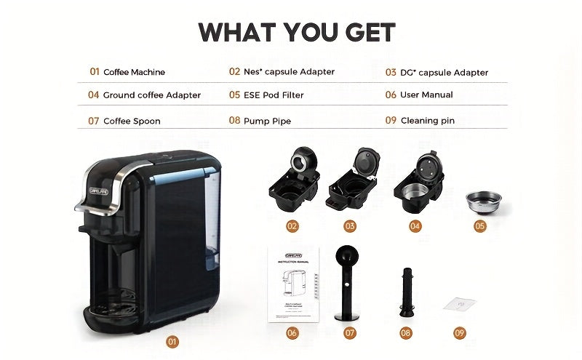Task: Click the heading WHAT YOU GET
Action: tap(297, 32)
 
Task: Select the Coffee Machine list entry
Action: tap(134, 72)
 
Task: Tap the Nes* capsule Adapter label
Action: tap(289, 72)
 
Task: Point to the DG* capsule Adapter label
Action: tap(444, 73)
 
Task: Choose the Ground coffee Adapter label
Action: tap(151, 95)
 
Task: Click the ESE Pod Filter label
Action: tap(274, 95)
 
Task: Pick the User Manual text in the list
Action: tap(426, 95)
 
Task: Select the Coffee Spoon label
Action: tap(132, 121)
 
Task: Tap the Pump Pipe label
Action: tap(267, 121)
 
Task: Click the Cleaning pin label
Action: tap(427, 121)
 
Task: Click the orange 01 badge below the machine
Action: tap(172, 340)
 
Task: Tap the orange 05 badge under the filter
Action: tap(479, 226)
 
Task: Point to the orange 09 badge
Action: tap(459, 332)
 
